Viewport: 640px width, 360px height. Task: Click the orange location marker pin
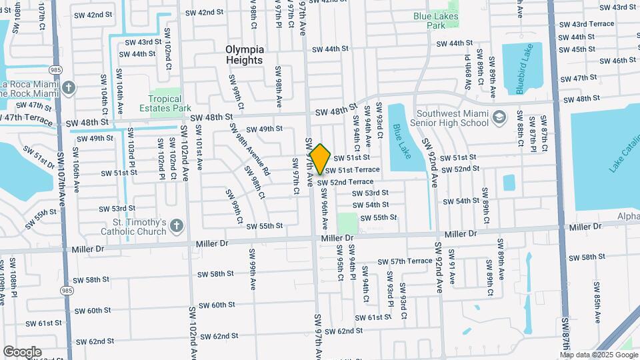pos(321,159)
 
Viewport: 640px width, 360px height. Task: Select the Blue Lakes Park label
pos(437,20)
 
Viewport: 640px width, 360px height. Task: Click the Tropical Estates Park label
pos(165,103)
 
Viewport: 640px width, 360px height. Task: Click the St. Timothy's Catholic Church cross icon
pos(176,227)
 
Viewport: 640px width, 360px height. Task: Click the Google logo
pos(22,351)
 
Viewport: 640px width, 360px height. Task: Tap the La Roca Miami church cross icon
pos(69,88)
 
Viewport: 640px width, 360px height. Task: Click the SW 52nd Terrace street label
pos(345,182)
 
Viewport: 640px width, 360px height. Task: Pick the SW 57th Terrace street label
pos(404,261)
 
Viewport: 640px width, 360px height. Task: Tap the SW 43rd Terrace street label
pos(587,24)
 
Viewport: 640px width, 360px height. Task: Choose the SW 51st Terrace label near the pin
pos(352,170)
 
